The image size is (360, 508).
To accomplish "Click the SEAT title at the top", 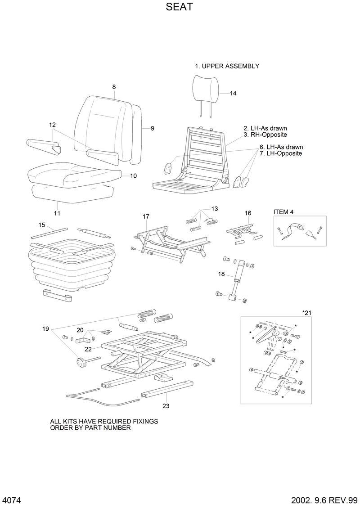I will pyautogui.click(x=180, y=8).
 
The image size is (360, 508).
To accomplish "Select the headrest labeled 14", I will pyautogui.click(x=207, y=87).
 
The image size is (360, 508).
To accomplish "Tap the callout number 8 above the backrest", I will pyautogui.click(x=114, y=86).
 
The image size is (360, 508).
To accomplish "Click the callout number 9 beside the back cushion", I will pyautogui.click(x=153, y=128).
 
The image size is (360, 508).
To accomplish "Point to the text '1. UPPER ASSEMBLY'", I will pyautogui.click(x=227, y=66).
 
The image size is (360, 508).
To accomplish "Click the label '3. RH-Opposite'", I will pyautogui.click(x=265, y=135).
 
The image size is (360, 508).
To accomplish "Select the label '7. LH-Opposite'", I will pyautogui.click(x=280, y=153).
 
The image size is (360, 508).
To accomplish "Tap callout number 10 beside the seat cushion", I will pyautogui.click(x=133, y=176).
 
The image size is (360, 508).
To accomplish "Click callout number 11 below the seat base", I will pyautogui.click(x=57, y=213).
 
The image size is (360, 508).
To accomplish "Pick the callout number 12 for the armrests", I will pyautogui.click(x=53, y=125).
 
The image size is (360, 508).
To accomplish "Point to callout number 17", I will pyautogui.click(x=146, y=216).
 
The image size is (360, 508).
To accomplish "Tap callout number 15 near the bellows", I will pyautogui.click(x=41, y=225).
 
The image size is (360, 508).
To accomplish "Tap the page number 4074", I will pyautogui.click(x=12, y=500).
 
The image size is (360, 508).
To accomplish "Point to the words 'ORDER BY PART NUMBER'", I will pyautogui.click(x=90, y=428).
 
